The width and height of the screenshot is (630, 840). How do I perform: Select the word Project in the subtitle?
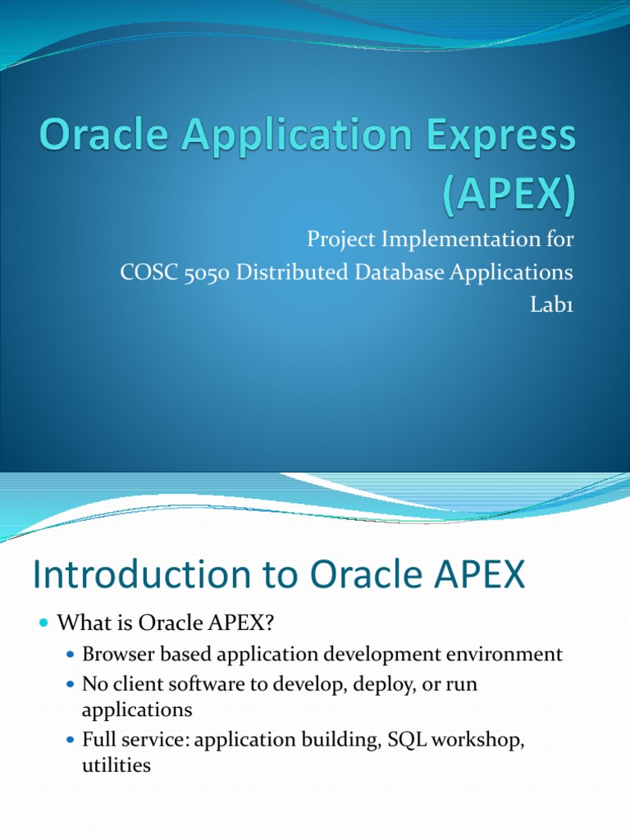tap(337, 240)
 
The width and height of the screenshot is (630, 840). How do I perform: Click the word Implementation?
tap(455, 240)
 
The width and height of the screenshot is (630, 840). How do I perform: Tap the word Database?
tap(397, 273)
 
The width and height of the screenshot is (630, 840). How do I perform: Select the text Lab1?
tap(553, 305)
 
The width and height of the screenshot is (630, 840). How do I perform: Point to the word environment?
tap(508, 655)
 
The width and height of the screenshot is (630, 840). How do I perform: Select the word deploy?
tap(362, 683)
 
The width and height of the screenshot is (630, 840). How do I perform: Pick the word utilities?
tap(116, 765)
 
